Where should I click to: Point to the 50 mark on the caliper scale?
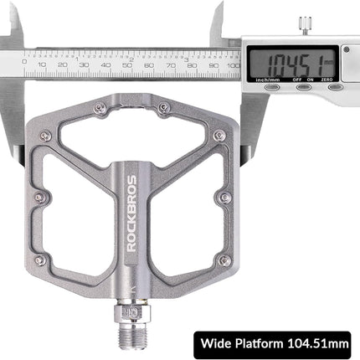click(x=127, y=63)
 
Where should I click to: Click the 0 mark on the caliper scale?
click(x=28, y=63)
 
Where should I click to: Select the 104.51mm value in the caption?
click(x=314, y=342)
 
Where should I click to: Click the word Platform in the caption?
click(x=260, y=342)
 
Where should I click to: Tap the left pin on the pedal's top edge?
click(x=100, y=106)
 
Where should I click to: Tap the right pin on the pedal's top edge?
click(x=163, y=106)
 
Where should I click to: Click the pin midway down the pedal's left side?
click(x=39, y=198)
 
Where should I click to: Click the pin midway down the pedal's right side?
click(x=224, y=198)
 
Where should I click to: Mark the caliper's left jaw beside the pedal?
click(x=14, y=126)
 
